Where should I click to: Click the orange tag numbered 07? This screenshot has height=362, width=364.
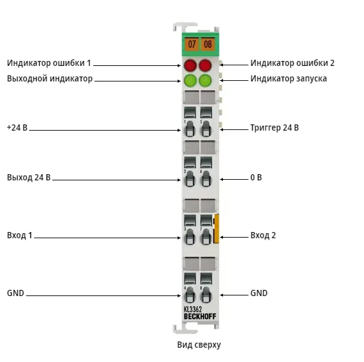pyautogui.click(x=191, y=44)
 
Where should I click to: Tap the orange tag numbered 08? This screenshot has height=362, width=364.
pyautogui.click(x=207, y=44)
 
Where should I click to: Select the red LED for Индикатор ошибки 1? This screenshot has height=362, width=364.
pyautogui.click(x=190, y=65)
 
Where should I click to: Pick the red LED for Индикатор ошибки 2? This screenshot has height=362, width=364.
pyautogui.click(x=205, y=65)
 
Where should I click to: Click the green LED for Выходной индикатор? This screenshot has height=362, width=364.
pyautogui.click(x=190, y=81)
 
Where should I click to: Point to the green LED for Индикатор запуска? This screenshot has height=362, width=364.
pyautogui.click(x=205, y=81)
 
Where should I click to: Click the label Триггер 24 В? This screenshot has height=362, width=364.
pyautogui.click(x=275, y=128)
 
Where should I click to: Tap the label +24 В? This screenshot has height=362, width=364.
pyautogui.click(x=17, y=128)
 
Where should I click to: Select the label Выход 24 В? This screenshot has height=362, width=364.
pyautogui.click(x=29, y=178)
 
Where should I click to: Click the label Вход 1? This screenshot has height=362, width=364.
pyautogui.click(x=19, y=235)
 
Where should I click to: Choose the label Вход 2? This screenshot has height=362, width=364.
pyautogui.click(x=263, y=235)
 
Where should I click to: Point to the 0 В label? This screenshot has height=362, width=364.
pyautogui.click(x=256, y=178)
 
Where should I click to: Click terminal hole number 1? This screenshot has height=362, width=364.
pyautogui.click(x=189, y=129)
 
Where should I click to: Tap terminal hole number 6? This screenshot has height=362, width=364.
pyautogui.click(x=206, y=179)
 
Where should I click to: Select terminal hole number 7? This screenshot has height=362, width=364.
pyautogui.click(x=206, y=237)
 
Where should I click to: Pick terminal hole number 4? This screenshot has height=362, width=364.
pyautogui.click(x=189, y=295)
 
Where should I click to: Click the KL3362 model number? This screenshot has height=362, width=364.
pyautogui.click(x=193, y=310)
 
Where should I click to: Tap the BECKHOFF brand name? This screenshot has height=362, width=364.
pyautogui.click(x=200, y=317)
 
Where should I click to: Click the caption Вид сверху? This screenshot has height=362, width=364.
pyautogui.click(x=199, y=345)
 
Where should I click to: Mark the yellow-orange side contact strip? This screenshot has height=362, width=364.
pyautogui.click(x=216, y=228)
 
